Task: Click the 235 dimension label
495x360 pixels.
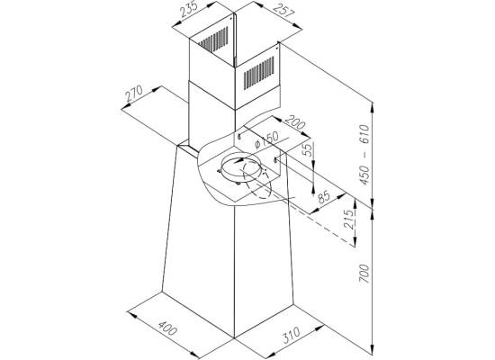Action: point(189,9)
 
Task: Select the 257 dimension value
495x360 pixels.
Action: point(283,12)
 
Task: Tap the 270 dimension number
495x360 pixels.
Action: point(134,93)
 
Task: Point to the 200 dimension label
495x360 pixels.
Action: point(295,122)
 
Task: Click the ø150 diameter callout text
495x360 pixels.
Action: point(267,139)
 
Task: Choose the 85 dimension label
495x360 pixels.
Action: point(324,197)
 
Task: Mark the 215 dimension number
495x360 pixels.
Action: point(349,219)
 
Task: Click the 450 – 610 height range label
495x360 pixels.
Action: point(364,155)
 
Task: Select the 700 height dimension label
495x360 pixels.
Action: point(364,274)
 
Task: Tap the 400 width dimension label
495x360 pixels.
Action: point(167,328)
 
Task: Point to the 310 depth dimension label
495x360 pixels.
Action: point(291,335)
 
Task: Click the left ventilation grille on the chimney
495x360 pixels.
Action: point(213,40)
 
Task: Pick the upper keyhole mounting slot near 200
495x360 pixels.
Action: point(239,137)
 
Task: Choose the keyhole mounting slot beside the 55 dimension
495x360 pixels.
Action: point(276,159)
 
